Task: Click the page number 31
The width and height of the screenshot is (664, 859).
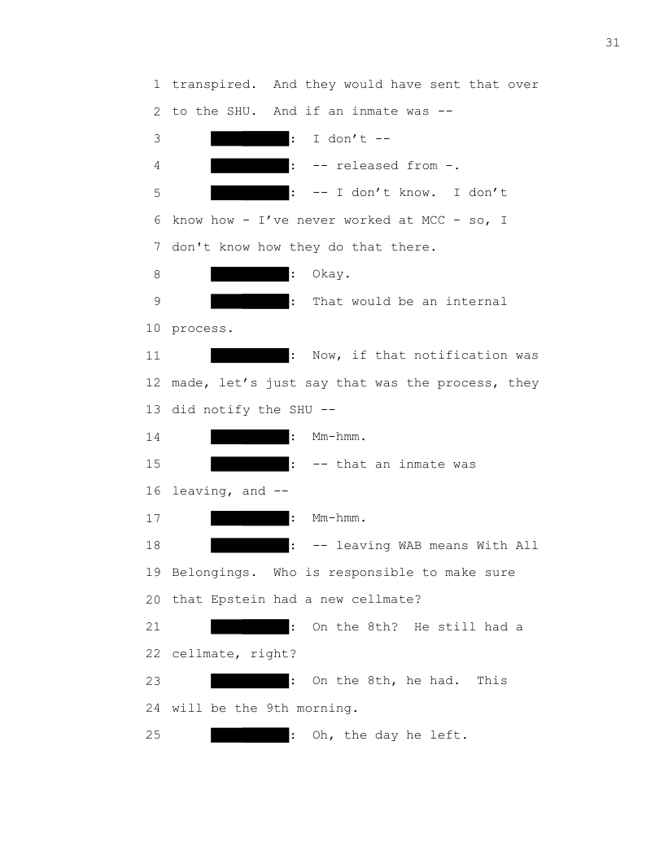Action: click(613, 43)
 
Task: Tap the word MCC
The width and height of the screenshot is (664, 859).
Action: click(433, 220)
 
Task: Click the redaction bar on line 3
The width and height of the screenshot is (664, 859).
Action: click(250, 138)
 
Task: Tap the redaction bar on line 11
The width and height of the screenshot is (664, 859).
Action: click(250, 355)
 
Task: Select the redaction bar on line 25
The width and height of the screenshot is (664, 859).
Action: click(250, 735)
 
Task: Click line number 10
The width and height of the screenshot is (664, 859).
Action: click(153, 329)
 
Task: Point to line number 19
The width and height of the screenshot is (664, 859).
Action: click(153, 573)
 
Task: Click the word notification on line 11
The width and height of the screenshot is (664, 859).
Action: click(461, 355)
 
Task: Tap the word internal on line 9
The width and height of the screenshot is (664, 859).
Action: click(476, 301)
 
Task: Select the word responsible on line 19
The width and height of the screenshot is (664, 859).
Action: click(371, 573)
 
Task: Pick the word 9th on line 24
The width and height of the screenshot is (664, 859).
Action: click(277, 709)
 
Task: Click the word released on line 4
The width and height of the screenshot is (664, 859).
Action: click(367, 166)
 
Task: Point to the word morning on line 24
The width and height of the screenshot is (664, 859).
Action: click(327, 709)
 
